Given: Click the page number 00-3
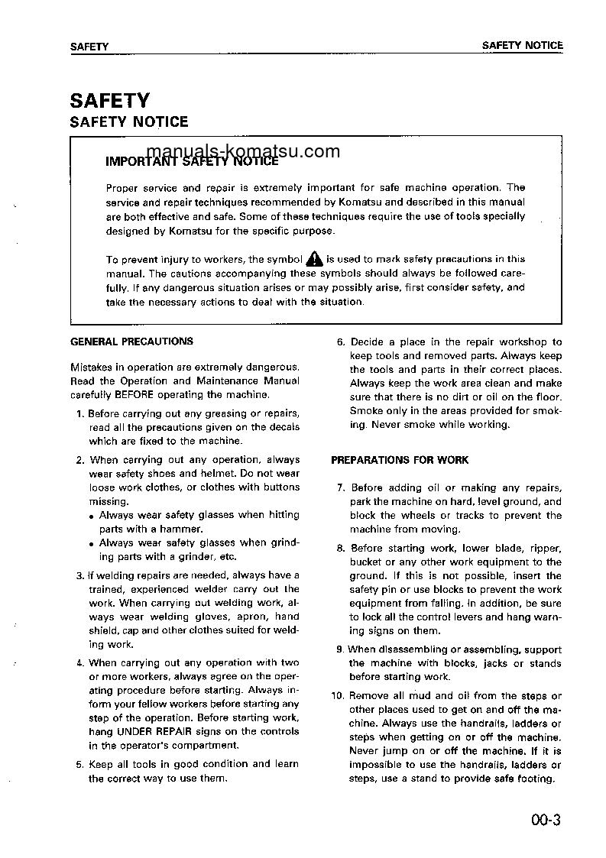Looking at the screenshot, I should [x=546, y=821].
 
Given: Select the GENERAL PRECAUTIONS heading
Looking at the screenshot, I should [x=131, y=342].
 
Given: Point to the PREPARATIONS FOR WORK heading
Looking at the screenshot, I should [x=400, y=460].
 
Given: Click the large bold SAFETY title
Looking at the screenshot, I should [x=110, y=100].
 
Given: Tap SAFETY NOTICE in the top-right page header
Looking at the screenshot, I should [x=522, y=46].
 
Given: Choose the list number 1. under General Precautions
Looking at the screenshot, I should [x=80, y=413].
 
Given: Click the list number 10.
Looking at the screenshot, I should [x=337, y=695].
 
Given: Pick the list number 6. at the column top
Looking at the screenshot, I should [x=341, y=342].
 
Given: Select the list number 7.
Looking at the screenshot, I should [x=341, y=487].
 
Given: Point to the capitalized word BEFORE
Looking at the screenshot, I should [x=134, y=395].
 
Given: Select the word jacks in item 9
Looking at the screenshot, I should [x=495, y=663].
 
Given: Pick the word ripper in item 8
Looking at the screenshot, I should [x=546, y=548].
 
